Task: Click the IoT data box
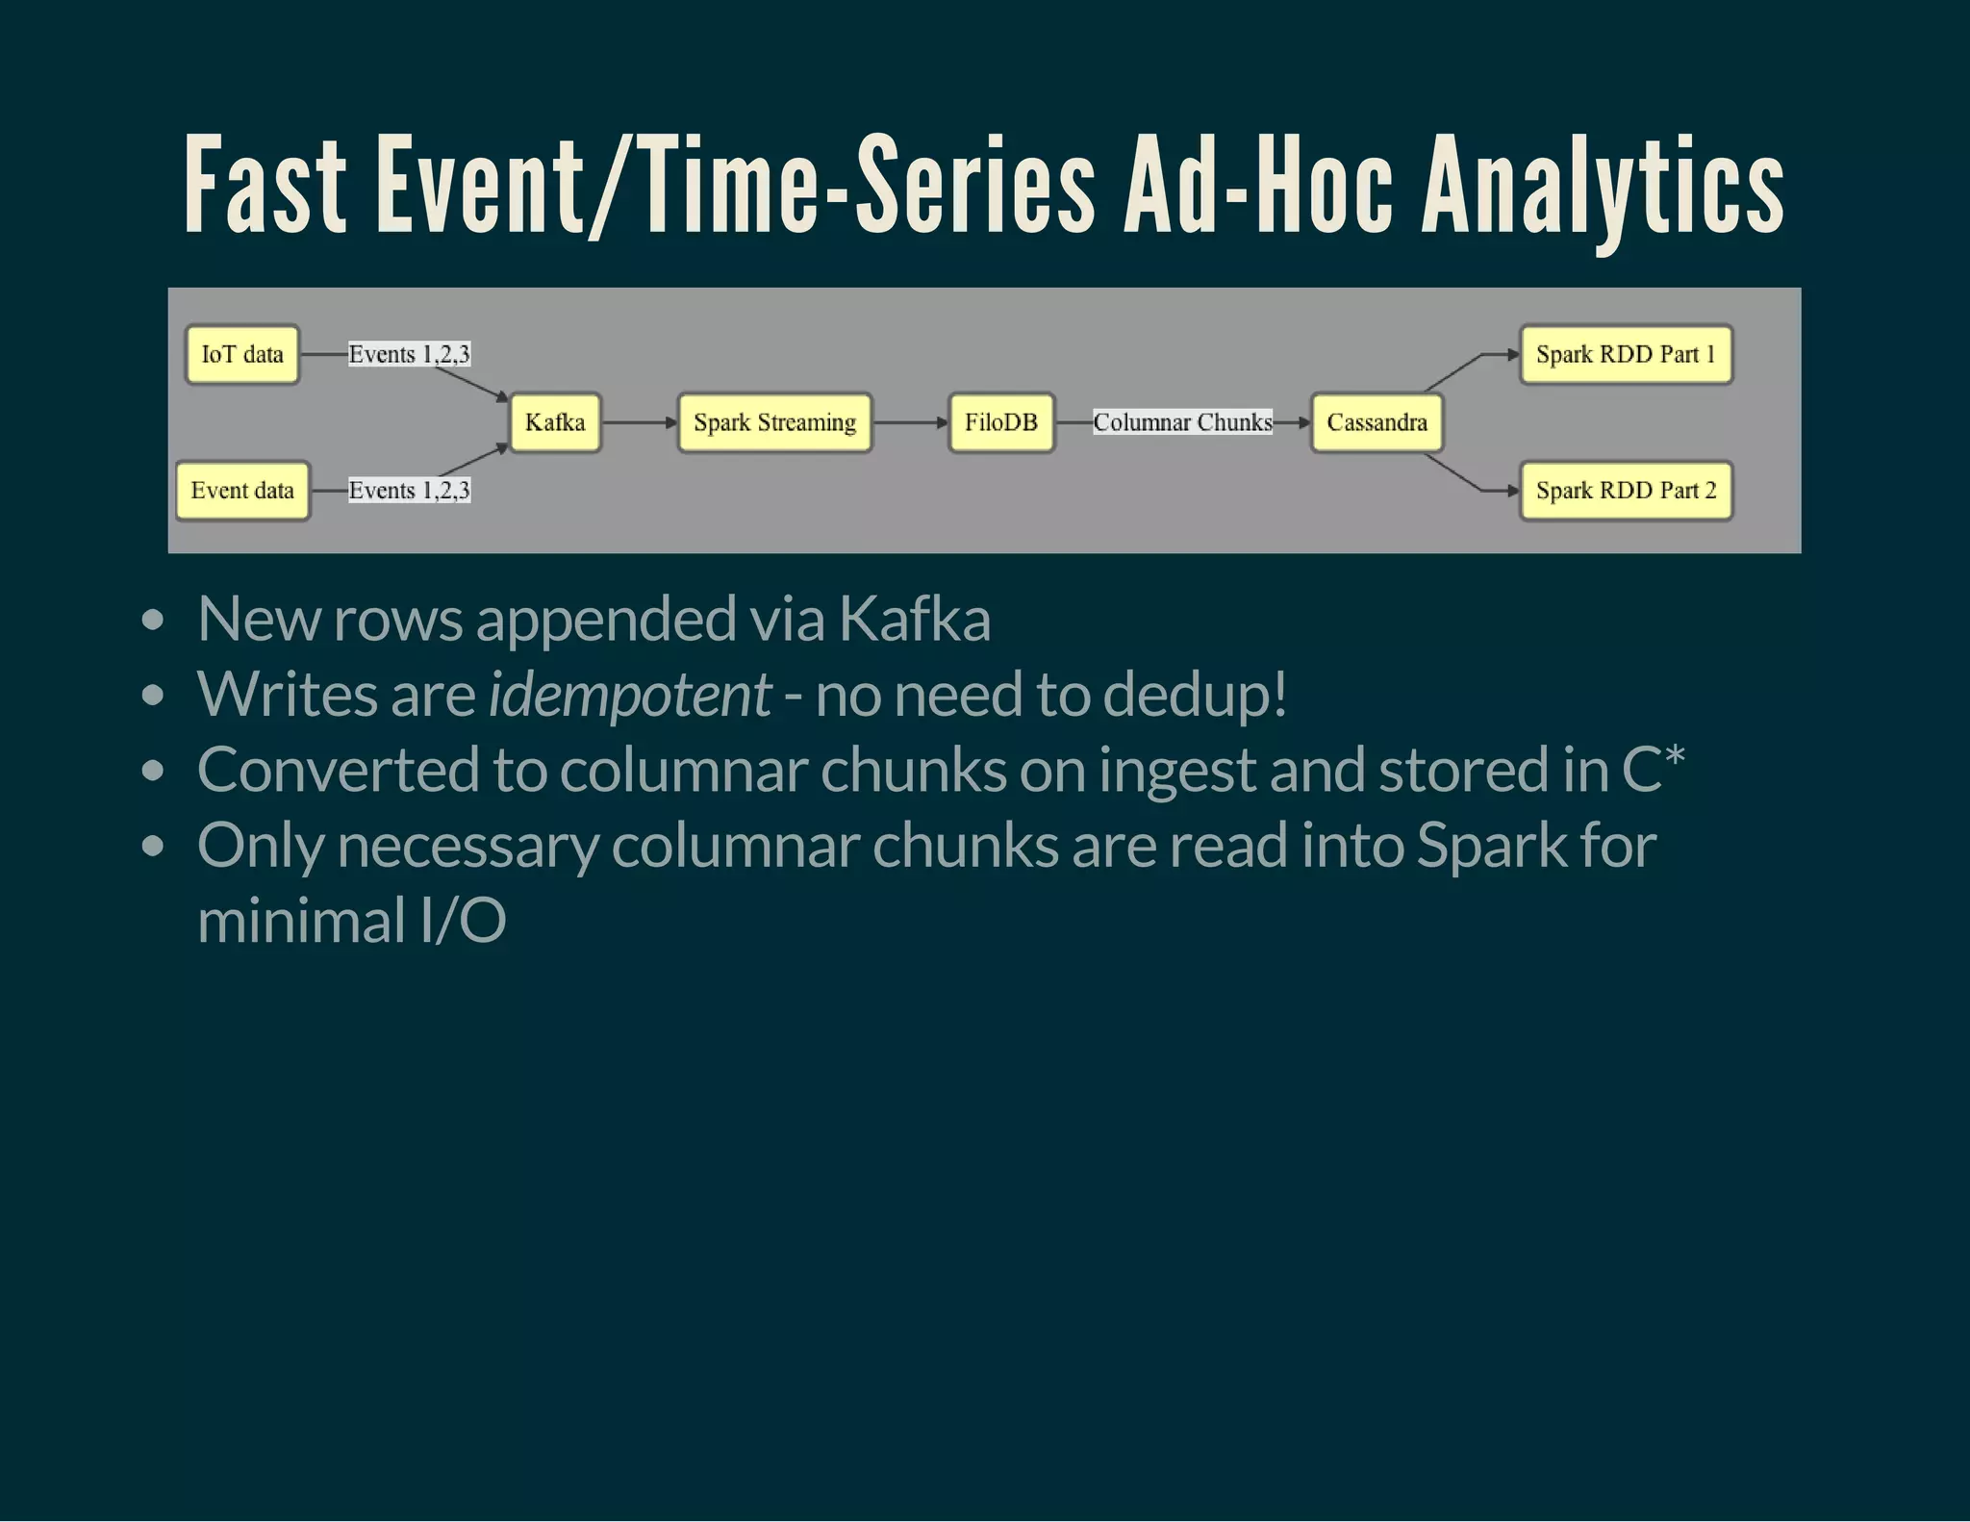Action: pos(242,355)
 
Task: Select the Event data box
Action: pos(242,491)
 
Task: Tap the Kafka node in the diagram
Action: pos(555,422)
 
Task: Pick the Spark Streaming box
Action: pos(774,422)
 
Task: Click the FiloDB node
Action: pos(1001,422)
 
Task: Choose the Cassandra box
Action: pos(1376,422)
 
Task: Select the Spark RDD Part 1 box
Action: pos(1626,355)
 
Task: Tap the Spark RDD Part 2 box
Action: pos(1626,491)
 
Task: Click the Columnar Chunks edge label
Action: pos(1182,422)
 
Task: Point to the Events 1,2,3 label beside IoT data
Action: pos(409,355)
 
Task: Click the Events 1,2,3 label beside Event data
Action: pos(409,491)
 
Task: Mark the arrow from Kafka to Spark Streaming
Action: pos(640,422)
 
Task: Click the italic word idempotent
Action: pos(629,694)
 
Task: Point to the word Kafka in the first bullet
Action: pos(914,619)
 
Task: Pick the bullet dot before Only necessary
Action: pos(152,847)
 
